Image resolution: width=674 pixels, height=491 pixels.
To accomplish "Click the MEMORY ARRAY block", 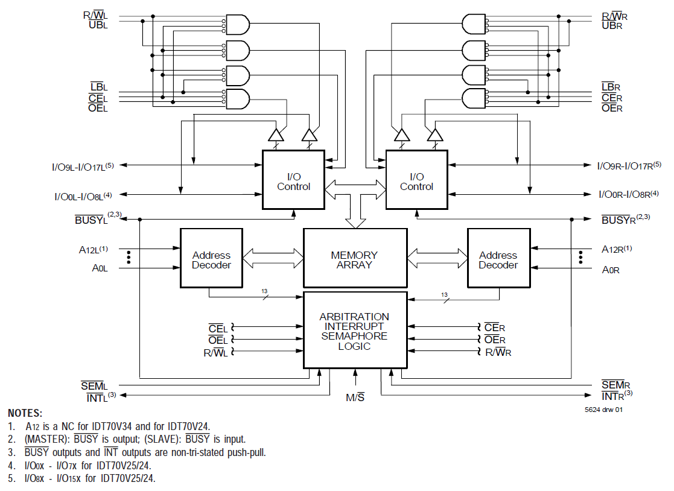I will click(354, 259).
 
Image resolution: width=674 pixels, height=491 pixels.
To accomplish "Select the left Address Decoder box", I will click(211, 259).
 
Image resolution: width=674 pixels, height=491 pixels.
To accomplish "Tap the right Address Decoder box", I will click(498, 259).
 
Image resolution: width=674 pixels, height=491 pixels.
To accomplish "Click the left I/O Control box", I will click(293, 180).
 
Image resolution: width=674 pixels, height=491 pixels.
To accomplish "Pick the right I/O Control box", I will click(416, 180).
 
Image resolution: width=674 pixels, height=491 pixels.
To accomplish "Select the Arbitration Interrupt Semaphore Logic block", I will click(354, 331).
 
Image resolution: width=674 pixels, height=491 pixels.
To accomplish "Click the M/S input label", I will click(355, 398).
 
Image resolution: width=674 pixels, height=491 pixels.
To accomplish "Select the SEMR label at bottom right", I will click(615, 385).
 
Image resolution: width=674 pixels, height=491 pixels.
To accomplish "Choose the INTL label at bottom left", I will click(97, 396).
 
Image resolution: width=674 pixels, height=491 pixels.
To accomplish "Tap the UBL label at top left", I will click(98, 25).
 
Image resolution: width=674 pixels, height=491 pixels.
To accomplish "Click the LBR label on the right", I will click(611, 88).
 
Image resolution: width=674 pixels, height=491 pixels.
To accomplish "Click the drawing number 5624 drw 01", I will click(603, 410).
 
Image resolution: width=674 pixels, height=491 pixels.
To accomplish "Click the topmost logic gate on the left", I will click(237, 24).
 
